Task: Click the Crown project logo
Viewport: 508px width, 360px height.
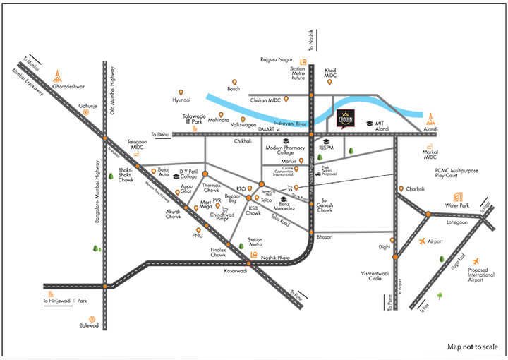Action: point(346,118)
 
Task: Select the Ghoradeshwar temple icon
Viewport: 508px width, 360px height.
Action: point(58,74)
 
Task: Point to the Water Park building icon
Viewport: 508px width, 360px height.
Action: point(458,196)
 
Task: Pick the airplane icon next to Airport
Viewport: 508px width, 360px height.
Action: point(422,241)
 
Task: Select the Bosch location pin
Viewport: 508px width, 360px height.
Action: point(234,81)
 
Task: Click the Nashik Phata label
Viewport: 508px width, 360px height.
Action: point(275,258)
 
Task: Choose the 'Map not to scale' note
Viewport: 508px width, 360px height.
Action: point(473,347)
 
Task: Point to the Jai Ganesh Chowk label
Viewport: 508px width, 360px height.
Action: point(325,205)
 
